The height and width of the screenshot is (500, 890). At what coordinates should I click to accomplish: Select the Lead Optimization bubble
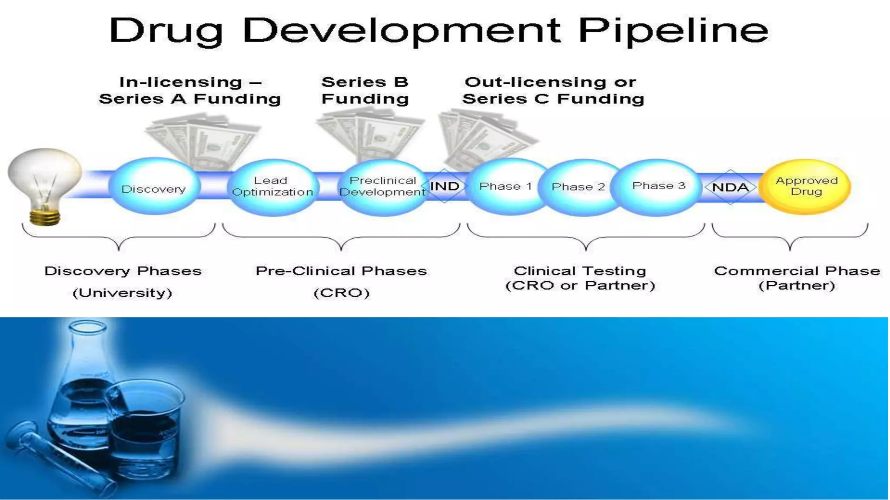pyautogui.click(x=272, y=187)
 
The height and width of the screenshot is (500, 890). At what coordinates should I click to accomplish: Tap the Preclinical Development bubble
pyautogui.click(x=382, y=187)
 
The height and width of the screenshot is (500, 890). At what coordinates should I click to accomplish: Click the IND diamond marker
pyautogui.click(x=444, y=186)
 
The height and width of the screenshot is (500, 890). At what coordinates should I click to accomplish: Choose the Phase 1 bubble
pyautogui.click(x=505, y=187)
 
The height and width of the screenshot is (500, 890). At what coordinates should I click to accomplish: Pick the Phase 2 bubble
pyautogui.click(x=578, y=187)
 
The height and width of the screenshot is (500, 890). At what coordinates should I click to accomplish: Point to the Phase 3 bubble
pyautogui.click(x=658, y=186)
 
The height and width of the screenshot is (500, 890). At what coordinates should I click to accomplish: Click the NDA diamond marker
pyautogui.click(x=731, y=187)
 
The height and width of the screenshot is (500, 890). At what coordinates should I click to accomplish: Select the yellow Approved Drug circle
pyautogui.click(x=806, y=187)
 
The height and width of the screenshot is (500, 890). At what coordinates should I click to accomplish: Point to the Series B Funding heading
pyautogui.click(x=365, y=90)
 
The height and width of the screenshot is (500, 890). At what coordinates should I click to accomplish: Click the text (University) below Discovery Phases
pyautogui.click(x=123, y=293)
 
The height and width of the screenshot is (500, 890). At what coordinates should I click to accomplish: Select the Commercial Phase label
pyautogui.click(x=797, y=271)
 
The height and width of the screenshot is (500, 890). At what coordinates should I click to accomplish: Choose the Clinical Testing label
pyautogui.click(x=580, y=271)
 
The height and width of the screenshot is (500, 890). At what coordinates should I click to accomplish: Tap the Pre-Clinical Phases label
pyautogui.click(x=342, y=271)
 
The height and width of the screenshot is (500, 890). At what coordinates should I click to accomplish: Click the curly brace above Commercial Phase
pyautogui.click(x=790, y=238)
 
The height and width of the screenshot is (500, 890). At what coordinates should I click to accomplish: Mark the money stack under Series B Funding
pyautogui.click(x=369, y=135)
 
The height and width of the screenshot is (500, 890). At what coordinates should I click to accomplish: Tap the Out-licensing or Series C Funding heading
pyautogui.click(x=553, y=90)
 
